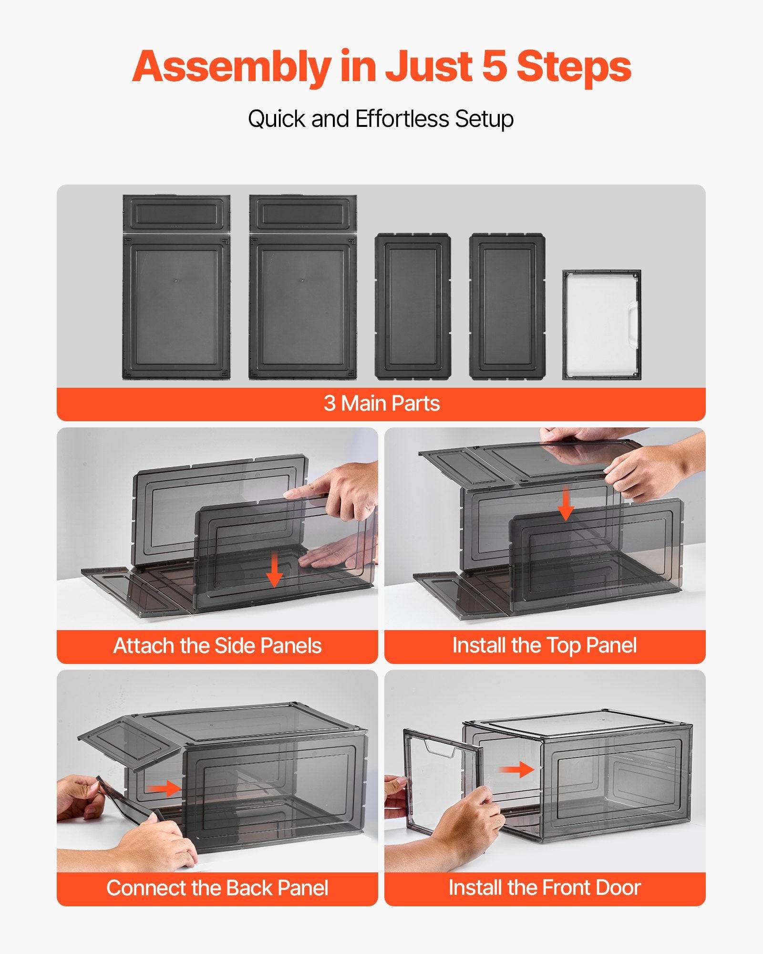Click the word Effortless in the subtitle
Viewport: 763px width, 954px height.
pos(402,118)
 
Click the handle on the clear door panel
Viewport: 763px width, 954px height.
pos(633,322)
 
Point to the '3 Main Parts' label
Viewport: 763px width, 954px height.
pos(381,404)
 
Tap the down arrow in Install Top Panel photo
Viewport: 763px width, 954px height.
pos(566,504)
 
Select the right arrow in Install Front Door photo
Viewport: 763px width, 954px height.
pos(517,769)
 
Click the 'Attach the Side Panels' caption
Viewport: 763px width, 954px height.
pos(217,646)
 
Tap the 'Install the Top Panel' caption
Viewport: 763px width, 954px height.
pos(545,645)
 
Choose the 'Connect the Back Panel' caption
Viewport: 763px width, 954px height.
pos(217,888)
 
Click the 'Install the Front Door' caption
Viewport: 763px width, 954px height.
pos(545,888)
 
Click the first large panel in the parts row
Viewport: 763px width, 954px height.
pos(176,287)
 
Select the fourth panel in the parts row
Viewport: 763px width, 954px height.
pos(507,306)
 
